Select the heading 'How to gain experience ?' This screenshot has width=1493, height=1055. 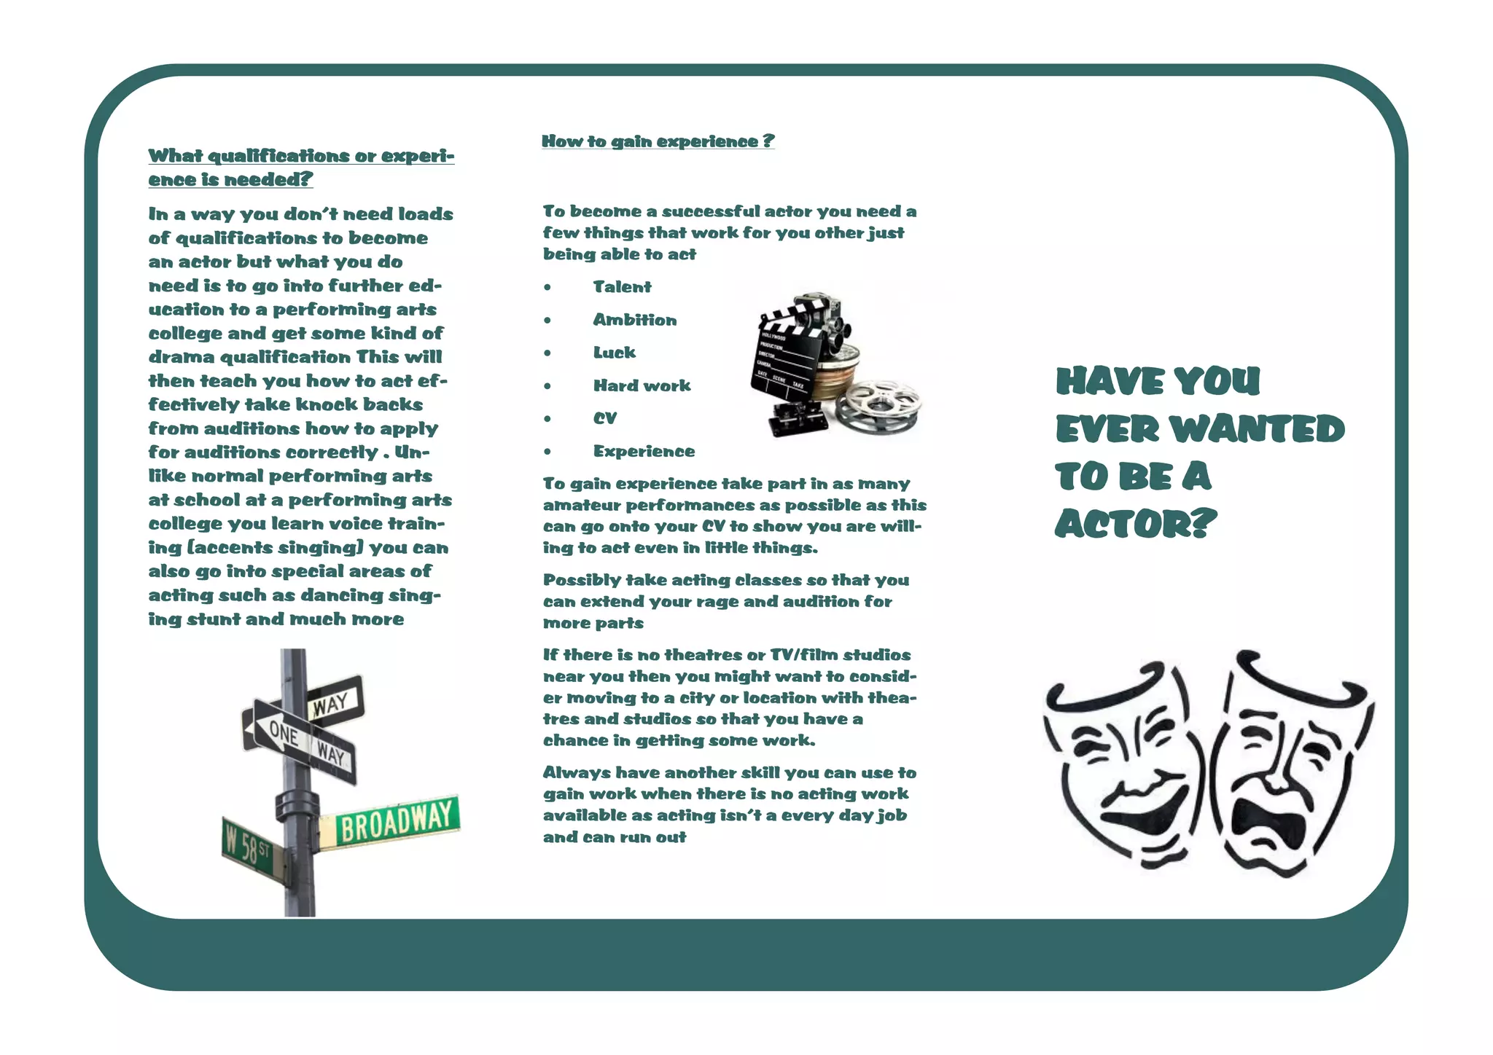click(x=658, y=141)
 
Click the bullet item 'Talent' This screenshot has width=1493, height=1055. click(x=622, y=287)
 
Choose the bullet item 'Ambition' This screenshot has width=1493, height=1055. click(x=634, y=320)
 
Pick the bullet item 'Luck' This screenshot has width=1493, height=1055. click(x=614, y=353)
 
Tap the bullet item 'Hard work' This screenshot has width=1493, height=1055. click(x=642, y=385)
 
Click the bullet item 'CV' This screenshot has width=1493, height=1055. click(x=604, y=418)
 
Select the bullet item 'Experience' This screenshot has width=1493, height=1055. click(x=644, y=451)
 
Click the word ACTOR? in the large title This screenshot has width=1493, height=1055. click(x=1135, y=524)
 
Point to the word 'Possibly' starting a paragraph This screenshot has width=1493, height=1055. click(x=575, y=581)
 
